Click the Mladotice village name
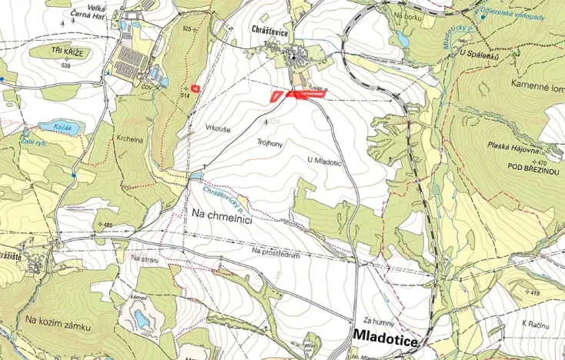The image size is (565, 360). (386, 338)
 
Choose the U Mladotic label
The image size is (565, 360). (323, 160)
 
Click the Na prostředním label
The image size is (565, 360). (275, 252)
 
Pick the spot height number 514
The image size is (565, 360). (185, 95)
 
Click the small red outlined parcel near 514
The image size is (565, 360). (196, 88)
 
